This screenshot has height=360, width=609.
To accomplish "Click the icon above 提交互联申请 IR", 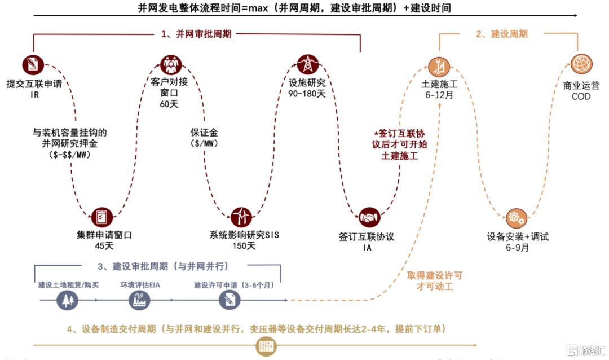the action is [33, 64].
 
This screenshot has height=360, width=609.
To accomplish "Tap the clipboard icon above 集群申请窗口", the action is [101, 217].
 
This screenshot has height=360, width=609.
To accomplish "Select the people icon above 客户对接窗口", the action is [171, 64].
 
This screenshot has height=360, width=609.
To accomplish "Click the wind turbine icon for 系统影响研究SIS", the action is [241, 217].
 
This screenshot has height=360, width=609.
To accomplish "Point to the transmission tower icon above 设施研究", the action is [308, 64].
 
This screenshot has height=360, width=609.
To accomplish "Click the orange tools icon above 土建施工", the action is [439, 67].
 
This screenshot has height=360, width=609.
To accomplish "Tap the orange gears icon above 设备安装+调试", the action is [516, 218].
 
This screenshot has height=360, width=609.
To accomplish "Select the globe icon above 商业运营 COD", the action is [581, 64].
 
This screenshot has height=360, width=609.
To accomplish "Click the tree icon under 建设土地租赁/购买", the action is [67, 300].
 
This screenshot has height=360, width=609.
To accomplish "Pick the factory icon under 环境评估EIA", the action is [139, 300].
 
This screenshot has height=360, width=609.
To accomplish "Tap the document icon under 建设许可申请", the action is [229, 300].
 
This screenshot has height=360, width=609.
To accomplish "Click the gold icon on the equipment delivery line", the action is [266, 346].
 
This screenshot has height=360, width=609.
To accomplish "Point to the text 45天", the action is [104, 246].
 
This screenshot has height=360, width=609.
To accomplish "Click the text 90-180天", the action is [307, 94].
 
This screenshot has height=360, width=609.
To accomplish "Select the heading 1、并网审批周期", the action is [196, 34].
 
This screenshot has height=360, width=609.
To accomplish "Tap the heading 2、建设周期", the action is [502, 34].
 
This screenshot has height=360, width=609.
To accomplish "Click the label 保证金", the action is [204, 133].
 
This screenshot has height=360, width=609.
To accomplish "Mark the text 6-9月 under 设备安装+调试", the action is [517, 248].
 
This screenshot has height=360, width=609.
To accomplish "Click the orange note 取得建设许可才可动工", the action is [435, 281].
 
